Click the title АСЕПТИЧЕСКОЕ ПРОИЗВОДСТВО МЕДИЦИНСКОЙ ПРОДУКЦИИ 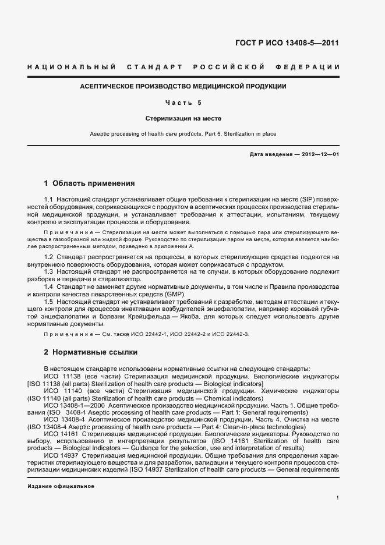[x=183, y=86]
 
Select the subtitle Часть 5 [x=183, y=102]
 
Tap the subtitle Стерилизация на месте [x=183, y=118]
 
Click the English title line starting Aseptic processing [x=183, y=134]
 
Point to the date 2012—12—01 [x=319, y=154]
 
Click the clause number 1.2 [x=49, y=257]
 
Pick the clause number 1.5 [x=49, y=302]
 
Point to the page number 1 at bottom [x=338, y=498]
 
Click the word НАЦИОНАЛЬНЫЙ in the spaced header [x=71, y=68]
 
